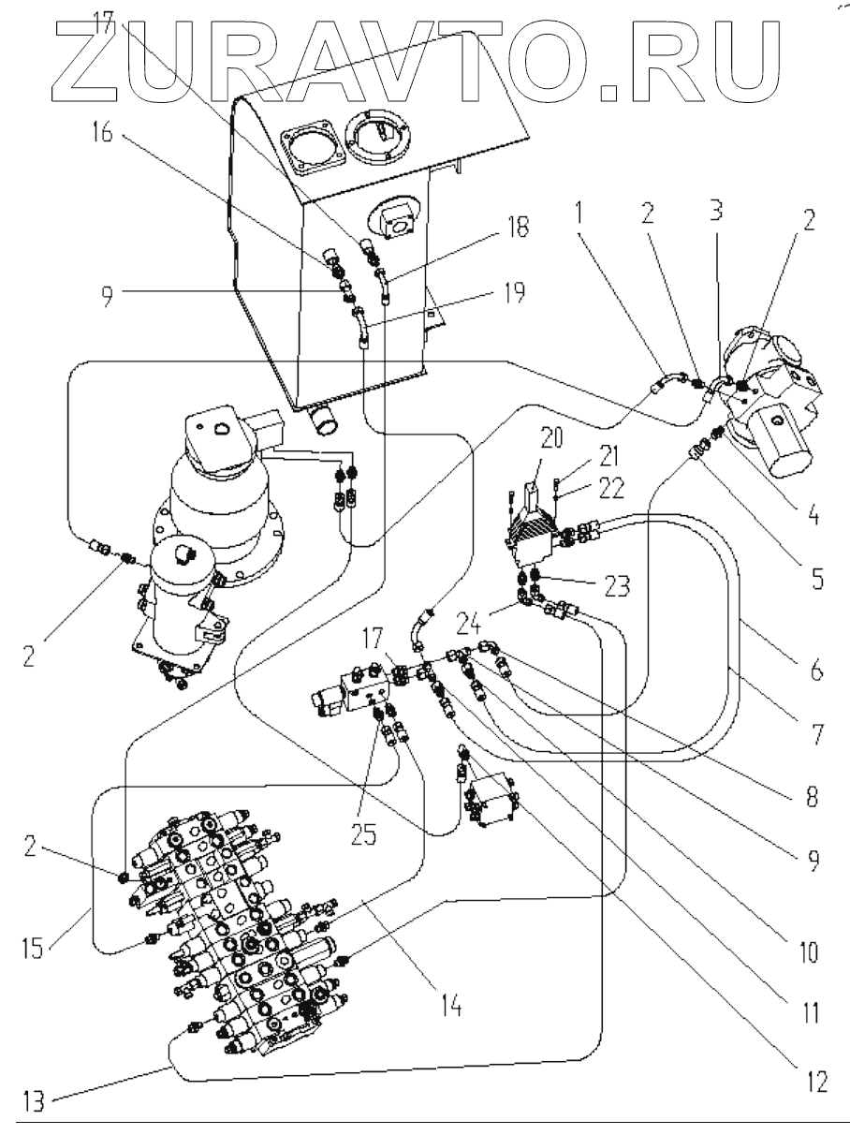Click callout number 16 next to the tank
coord(101,134)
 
